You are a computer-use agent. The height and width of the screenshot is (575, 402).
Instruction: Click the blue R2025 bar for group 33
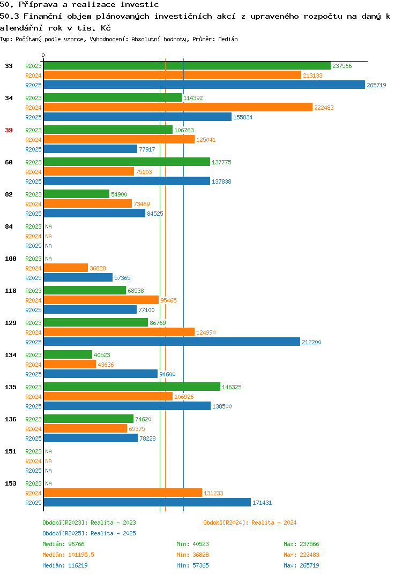(x=204, y=85)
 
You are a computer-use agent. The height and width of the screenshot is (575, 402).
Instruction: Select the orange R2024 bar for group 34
(x=178, y=107)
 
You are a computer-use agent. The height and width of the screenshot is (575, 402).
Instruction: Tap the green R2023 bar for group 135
(x=132, y=387)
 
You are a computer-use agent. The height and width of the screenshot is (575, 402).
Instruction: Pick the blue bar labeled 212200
(x=172, y=342)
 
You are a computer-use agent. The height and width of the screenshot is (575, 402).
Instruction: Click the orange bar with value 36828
(x=66, y=268)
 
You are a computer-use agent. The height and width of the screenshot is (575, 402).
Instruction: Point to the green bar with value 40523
(x=68, y=354)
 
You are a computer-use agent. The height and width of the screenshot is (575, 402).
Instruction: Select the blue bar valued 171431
(x=147, y=502)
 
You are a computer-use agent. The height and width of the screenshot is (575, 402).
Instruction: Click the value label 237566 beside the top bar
(x=342, y=66)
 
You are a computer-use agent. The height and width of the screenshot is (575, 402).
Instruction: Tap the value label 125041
(x=206, y=140)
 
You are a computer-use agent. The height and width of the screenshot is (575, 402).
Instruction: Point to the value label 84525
(x=155, y=214)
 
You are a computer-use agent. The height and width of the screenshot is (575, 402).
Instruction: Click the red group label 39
(x=9, y=130)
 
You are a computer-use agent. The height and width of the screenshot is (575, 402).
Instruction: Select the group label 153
(x=11, y=483)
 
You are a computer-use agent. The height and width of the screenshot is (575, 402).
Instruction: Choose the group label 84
(x=9, y=226)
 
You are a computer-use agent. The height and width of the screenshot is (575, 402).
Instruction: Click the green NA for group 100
(x=48, y=259)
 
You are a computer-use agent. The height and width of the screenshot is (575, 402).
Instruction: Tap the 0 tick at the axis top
(x=43, y=55)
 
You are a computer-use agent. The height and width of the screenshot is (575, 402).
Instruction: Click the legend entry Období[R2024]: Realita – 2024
(x=250, y=523)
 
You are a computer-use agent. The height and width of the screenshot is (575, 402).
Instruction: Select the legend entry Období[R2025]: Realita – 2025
(x=89, y=533)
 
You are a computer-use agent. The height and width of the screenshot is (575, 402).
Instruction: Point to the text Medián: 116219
(x=65, y=565)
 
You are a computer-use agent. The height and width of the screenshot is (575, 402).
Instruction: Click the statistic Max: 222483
(x=301, y=555)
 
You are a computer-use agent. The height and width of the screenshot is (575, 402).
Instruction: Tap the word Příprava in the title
(x=38, y=5)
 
